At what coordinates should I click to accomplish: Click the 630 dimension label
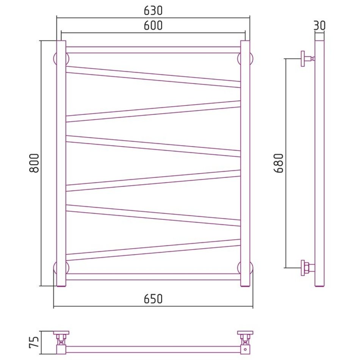[153, 11]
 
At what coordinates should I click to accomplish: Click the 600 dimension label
[153, 25]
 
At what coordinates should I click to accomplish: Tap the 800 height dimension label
[34, 163]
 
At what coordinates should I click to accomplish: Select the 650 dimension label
[153, 299]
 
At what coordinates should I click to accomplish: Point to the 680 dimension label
[279, 163]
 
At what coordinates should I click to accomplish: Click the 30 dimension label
[319, 25]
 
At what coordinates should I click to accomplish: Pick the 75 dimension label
[34, 342]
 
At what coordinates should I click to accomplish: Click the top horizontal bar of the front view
[153, 50]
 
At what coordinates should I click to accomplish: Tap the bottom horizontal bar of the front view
[153, 277]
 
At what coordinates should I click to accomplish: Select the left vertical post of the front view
[61, 164]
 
